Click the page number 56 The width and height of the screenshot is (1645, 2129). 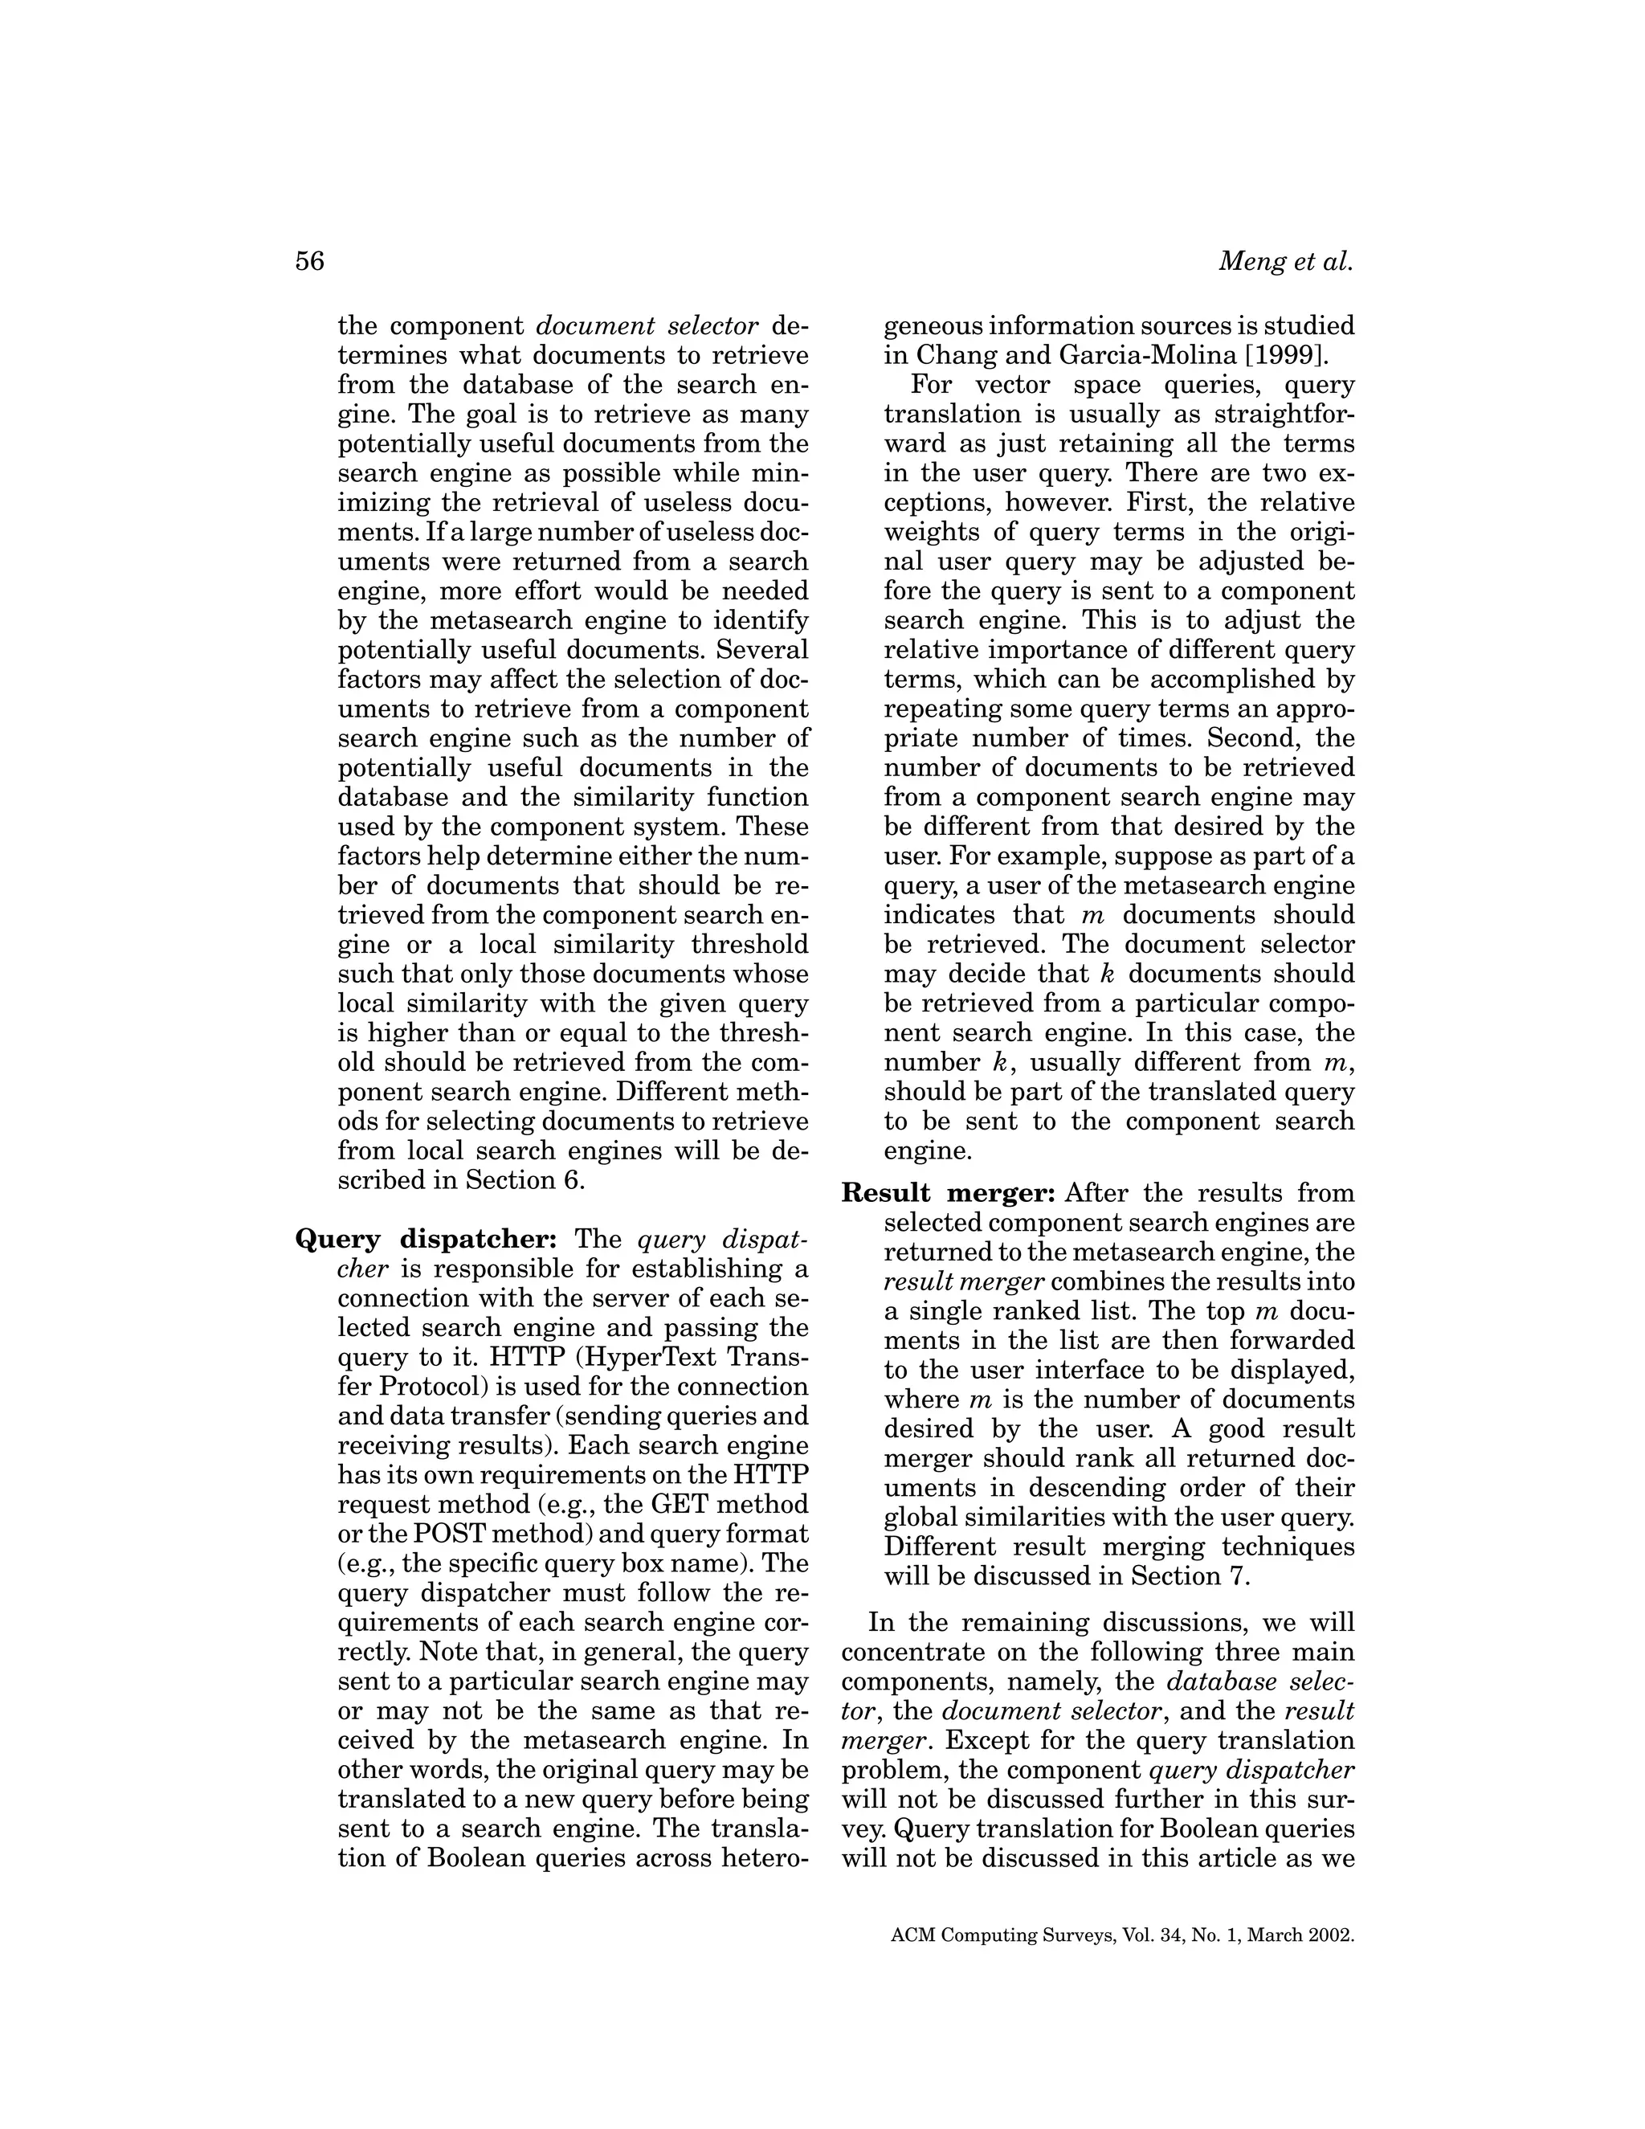(x=309, y=261)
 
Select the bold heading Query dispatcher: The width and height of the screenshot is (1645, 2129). (x=425, y=1240)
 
